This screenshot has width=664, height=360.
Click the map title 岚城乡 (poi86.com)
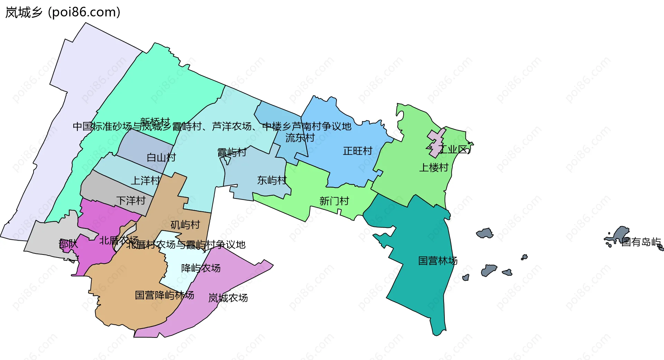pos(63,12)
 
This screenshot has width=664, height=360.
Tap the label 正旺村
pos(357,151)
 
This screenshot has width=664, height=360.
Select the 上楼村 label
pos(434,168)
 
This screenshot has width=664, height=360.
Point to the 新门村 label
pos(334,201)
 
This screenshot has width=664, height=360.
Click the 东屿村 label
pos(272,180)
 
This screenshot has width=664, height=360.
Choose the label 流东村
pos(300,138)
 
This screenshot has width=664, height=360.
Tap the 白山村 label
pos(161,158)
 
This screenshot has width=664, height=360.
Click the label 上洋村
pos(145,181)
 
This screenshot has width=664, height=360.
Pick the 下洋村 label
pos(131,201)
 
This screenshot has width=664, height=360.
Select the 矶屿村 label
pos(185,225)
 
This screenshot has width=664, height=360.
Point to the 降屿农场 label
pos(201,268)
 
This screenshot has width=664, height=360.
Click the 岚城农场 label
pos(228,298)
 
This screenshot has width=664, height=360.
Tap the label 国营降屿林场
pos(164,295)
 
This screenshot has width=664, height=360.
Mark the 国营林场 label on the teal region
pos(437,260)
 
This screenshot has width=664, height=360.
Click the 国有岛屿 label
pos(641,242)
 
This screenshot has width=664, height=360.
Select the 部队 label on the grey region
pos(68,244)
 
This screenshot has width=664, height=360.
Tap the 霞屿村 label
pos(232,152)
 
